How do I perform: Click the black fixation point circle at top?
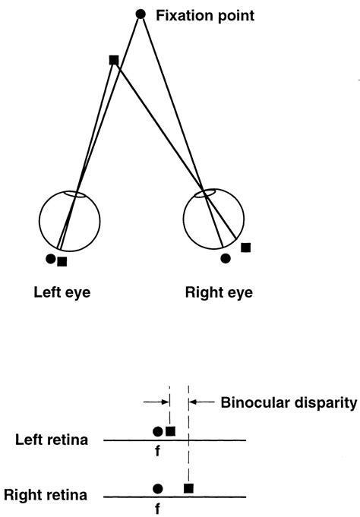click(x=141, y=14)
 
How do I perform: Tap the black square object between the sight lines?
click(x=113, y=60)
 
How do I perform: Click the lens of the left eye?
click(x=75, y=194)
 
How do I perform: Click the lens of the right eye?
click(x=204, y=194)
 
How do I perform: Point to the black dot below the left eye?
click(x=50, y=259)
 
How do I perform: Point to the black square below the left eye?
click(x=62, y=262)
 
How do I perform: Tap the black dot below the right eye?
click(x=225, y=258)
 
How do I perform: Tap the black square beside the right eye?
click(x=245, y=247)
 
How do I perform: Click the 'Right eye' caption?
click(x=219, y=292)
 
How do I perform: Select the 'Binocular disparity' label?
click(x=288, y=403)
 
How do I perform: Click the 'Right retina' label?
click(x=46, y=496)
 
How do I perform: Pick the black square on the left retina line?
click(x=170, y=431)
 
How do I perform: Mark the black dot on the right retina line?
click(x=157, y=487)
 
